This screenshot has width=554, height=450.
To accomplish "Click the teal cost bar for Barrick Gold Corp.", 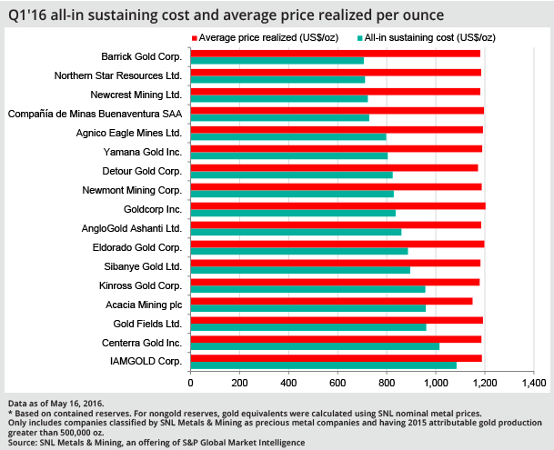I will point(277,61).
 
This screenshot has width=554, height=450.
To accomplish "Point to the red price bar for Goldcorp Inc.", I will point(337,206).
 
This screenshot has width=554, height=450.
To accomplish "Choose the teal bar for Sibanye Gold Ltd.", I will point(300,270).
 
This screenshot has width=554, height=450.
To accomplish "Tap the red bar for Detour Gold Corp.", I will point(334,167).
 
